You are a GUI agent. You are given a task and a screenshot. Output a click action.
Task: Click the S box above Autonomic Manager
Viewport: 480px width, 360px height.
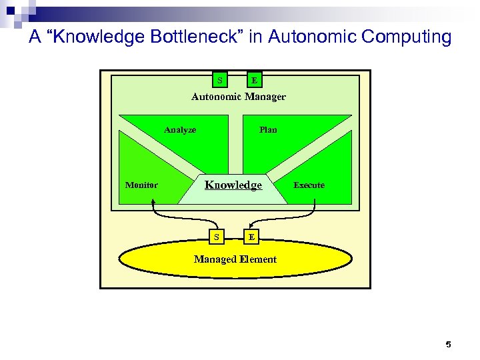[219, 81]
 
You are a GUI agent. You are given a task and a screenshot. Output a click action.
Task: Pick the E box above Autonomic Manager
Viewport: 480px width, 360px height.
[254, 81]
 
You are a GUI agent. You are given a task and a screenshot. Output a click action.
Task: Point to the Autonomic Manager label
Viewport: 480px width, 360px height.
[238, 97]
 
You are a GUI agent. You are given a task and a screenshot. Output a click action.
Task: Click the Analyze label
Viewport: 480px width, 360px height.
[180, 130]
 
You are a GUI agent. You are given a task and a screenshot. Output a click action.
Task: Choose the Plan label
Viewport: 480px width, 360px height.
[268, 130]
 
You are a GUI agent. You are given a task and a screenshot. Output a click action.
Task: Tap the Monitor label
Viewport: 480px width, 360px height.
[141, 185]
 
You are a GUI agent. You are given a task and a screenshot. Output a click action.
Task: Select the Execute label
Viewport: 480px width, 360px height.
[309, 185]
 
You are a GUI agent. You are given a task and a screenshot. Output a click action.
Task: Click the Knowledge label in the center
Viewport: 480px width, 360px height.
[233, 185]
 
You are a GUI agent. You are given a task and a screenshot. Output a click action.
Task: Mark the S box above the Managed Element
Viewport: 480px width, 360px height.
[215, 237]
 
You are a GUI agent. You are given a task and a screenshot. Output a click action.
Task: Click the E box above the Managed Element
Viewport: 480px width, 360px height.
[251, 237]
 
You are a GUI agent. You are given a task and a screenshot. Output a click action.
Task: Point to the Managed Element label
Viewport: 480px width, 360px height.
[235, 259]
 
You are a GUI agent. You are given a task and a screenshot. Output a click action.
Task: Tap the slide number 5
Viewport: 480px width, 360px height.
[448, 345]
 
